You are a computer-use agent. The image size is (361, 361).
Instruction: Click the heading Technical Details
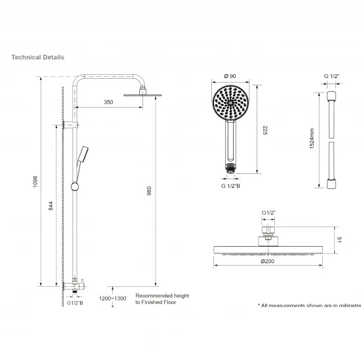point(37,57)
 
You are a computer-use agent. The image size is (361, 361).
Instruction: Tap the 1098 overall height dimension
point(35,181)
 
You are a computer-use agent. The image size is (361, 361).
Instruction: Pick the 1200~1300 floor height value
point(113,299)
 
